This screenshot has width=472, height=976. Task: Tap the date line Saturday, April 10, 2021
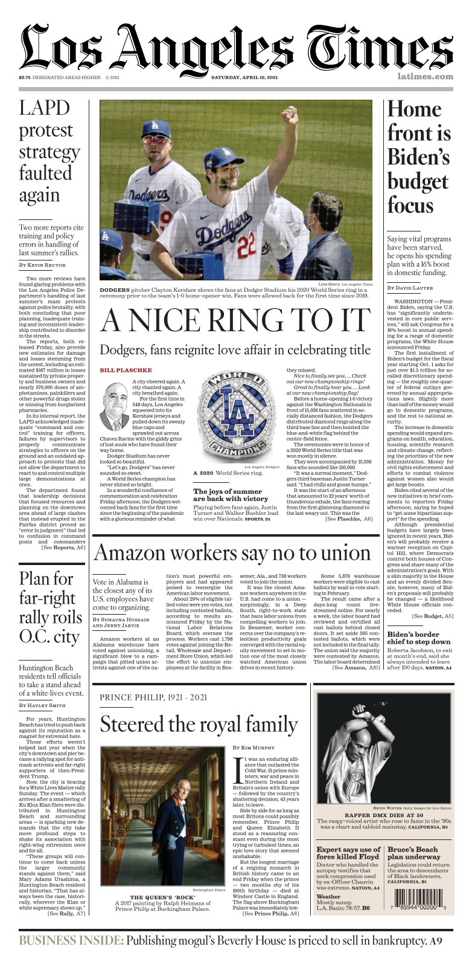pos(244,77)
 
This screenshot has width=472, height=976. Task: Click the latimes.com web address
pos(425,77)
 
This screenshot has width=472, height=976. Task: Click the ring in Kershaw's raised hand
pos(292,109)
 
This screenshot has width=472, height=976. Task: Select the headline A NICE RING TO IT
pos(235,320)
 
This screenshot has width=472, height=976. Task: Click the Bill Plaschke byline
pos(117,370)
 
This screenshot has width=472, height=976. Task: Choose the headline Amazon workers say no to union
pos(232,554)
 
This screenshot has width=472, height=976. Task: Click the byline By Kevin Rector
pos(42,265)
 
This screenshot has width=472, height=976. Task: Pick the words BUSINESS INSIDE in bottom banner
pos(71,940)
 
